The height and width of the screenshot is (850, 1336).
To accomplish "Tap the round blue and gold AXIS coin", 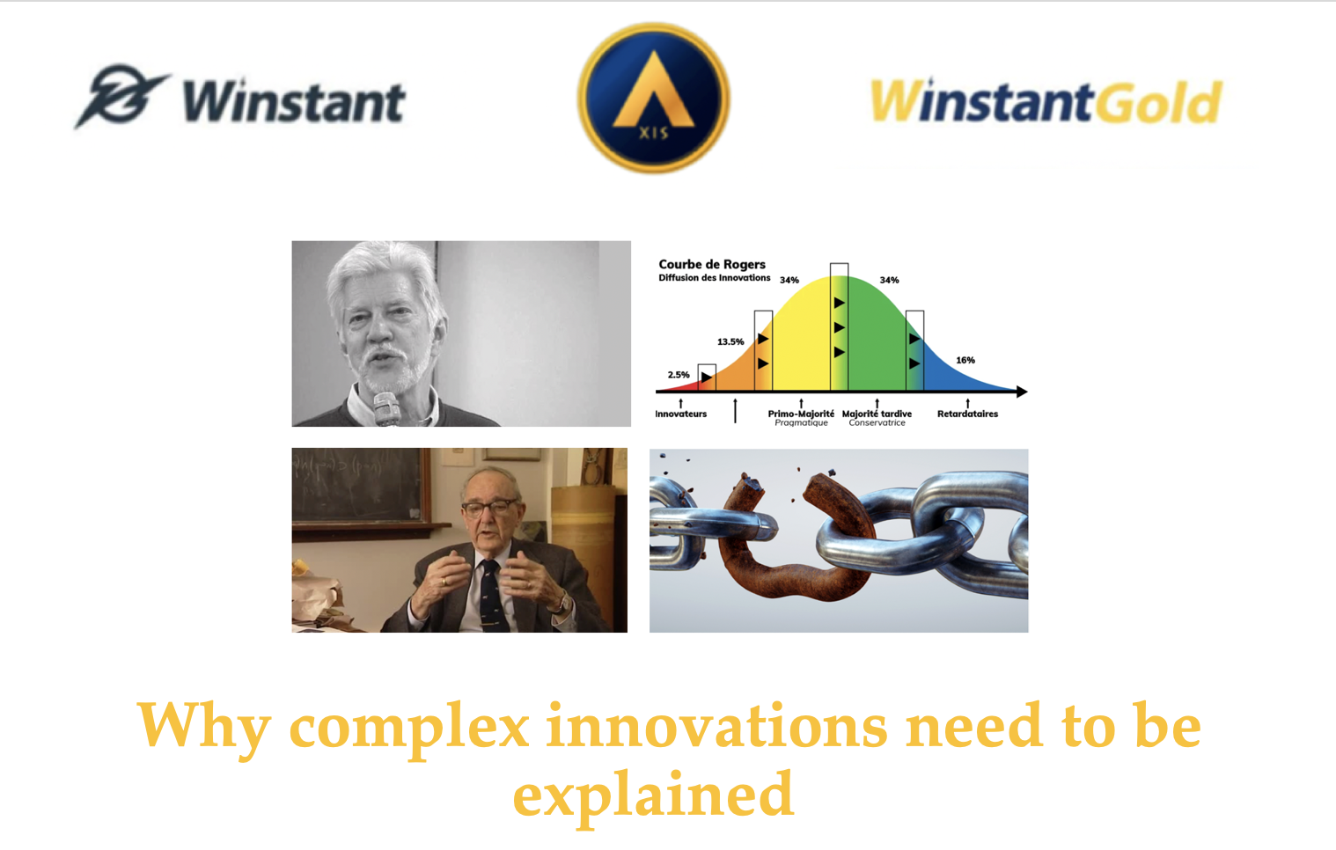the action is (654, 99).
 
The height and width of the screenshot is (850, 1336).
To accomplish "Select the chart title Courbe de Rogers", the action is (711, 264).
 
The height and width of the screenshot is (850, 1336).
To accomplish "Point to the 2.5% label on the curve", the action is (679, 375).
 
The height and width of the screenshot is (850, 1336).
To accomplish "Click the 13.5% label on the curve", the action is (730, 341).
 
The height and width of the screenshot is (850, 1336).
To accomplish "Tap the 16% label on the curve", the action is (965, 360).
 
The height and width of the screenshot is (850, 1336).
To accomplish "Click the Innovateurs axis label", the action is (680, 414).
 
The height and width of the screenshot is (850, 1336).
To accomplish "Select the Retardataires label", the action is (967, 414).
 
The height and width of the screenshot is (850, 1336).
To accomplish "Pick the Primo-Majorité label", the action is (801, 414).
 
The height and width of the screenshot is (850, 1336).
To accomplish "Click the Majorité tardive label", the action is (877, 414).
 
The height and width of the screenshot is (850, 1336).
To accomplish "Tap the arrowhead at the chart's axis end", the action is (1023, 392).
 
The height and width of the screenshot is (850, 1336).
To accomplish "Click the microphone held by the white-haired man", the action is (386, 409).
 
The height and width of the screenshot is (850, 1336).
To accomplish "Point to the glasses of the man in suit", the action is (489, 508).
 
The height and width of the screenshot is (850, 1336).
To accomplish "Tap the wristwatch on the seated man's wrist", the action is (562, 603).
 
